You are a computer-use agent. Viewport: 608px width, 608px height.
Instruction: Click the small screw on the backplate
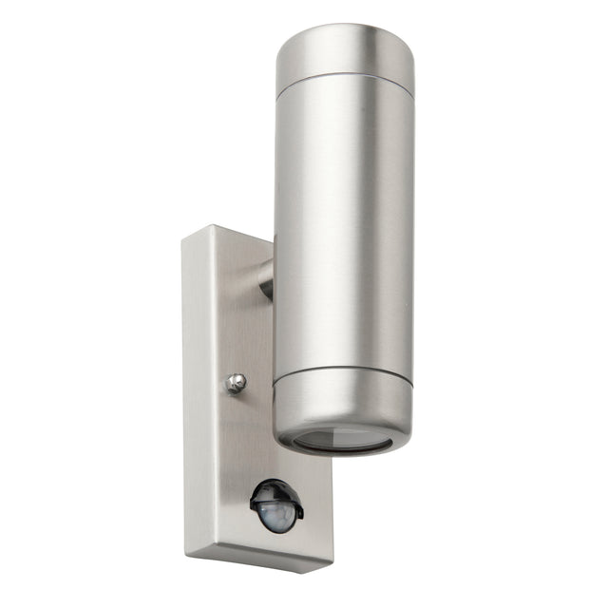pyautogui.click(x=236, y=383)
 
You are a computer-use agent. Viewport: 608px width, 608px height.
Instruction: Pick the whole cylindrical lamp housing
pyautogui.click(x=343, y=237)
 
